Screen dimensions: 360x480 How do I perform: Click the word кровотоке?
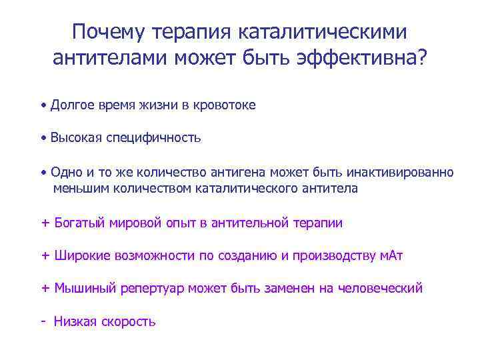223,105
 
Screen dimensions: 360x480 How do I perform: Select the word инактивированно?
400,172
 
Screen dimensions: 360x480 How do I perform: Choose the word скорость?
129,321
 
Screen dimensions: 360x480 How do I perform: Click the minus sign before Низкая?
43,321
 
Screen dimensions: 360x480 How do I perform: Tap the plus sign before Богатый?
45,223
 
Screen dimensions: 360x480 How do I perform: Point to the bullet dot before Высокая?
43,138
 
